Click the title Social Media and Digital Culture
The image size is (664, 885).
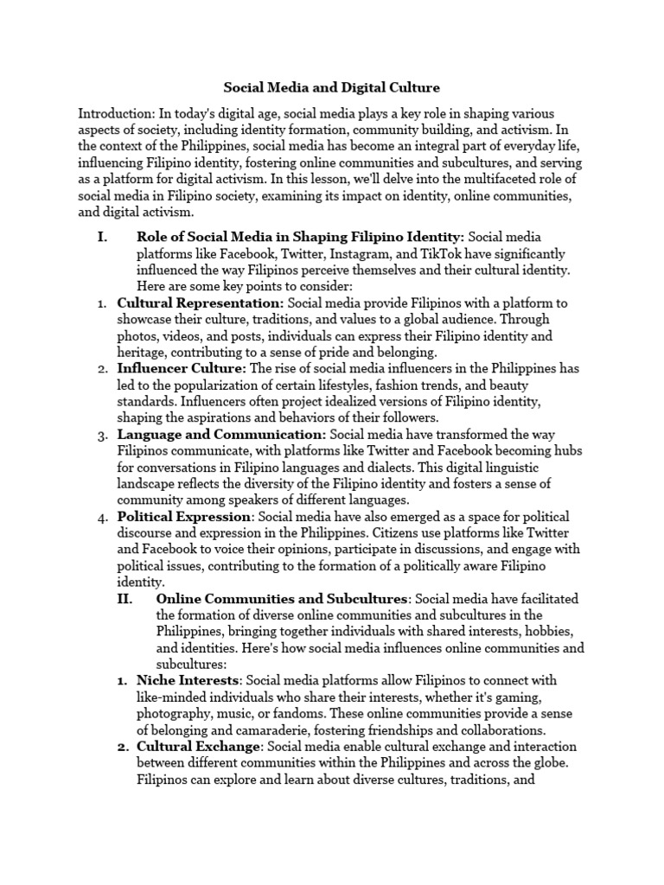332,87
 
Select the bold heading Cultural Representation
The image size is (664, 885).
201,302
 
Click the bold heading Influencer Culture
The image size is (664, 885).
182,368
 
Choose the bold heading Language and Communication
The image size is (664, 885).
221,434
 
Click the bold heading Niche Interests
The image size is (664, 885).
188,681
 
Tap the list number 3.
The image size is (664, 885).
100,434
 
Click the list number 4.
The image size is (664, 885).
100,516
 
